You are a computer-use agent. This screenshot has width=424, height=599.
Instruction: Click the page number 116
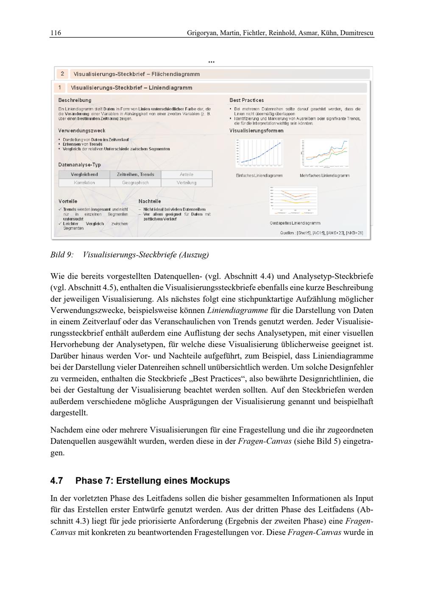tap(56, 33)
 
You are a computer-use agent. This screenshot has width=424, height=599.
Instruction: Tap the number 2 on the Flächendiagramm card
tap(62, 74)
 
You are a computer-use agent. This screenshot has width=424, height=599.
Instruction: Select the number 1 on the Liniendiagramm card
tap(60, 88)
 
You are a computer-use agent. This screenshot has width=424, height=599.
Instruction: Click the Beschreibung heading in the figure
tap(75, 100)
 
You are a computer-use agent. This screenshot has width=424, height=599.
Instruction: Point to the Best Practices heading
tap(247, 100)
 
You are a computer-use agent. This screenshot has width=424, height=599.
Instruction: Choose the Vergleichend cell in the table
tap(84, 175)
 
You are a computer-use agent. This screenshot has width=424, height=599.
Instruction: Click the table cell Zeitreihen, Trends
tap(135, 175)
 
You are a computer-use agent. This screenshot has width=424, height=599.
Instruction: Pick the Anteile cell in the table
tap(187, 175)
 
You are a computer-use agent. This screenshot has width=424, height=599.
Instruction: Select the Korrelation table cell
tap(84, 183)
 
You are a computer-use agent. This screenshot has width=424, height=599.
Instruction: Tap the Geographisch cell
tap(135, 183)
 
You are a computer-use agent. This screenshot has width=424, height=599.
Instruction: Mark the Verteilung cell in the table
tap(187, 183)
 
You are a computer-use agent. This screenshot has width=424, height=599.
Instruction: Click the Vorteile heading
tap(68, 201)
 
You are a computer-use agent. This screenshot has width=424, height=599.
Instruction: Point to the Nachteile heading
tap(150, 201)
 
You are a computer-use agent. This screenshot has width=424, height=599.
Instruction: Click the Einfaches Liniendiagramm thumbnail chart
tap(259, 153)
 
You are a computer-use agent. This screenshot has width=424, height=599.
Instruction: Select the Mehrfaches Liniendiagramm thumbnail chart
tap(324, 153)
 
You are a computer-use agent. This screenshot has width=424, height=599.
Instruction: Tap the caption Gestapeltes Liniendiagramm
tap(295, 223)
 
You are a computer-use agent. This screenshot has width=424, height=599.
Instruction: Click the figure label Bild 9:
tap(61, 255)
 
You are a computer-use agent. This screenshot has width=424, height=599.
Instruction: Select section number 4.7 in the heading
tap(57, 481)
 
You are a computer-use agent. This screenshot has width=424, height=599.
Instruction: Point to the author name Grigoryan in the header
tap(201, 33)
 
